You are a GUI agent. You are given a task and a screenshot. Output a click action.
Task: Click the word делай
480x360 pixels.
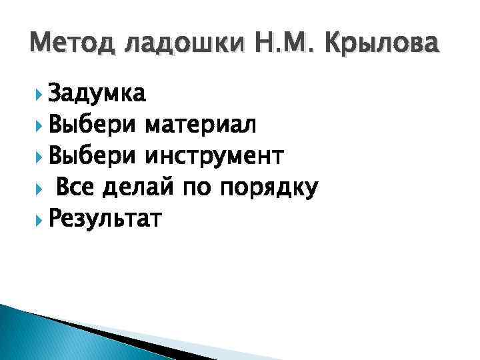[x=139, y=188]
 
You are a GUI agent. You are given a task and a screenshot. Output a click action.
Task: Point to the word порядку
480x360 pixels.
[x=268, y=189]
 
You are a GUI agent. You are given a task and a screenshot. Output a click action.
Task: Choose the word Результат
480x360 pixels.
[x=105, y=219]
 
